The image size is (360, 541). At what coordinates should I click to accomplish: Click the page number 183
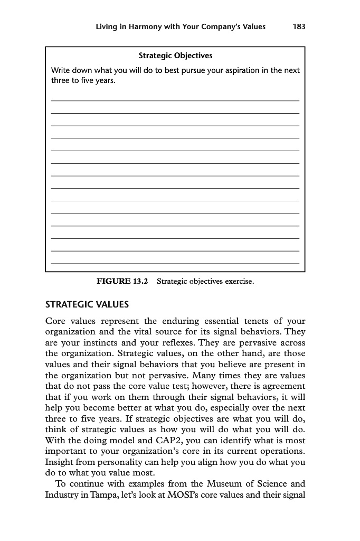tap(299, 27)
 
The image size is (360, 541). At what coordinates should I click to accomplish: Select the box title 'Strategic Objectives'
tap(175, 55)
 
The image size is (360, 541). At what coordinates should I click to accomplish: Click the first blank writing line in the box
tap(175, 100)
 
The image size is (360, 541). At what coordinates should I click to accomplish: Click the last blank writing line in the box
tap(175, 263)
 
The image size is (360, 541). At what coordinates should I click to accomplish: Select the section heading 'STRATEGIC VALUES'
tap(87, 305)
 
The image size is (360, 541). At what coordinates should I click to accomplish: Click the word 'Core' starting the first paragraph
tap(56, 321)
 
